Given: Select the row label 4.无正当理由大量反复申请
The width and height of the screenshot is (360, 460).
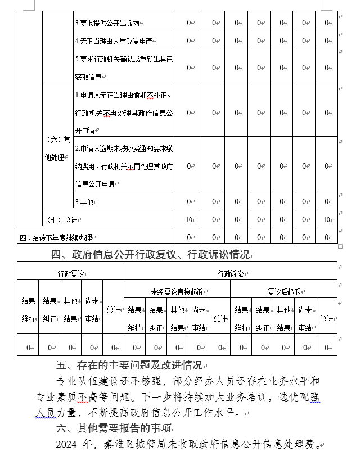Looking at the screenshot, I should pos(115,41).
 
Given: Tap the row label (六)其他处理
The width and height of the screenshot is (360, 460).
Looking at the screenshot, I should pos(57,148).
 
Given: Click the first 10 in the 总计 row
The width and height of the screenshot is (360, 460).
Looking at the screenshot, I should pos(190,220).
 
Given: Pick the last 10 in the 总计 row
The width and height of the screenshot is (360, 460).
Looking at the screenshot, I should pos(327,220).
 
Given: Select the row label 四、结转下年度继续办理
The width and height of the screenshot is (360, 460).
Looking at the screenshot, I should pos(55,237).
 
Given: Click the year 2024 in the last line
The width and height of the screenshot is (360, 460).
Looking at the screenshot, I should pos(67,445).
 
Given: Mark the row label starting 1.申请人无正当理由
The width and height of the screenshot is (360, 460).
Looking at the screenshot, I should pos(125,112).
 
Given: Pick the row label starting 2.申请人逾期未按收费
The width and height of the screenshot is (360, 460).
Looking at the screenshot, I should pos(125,166).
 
